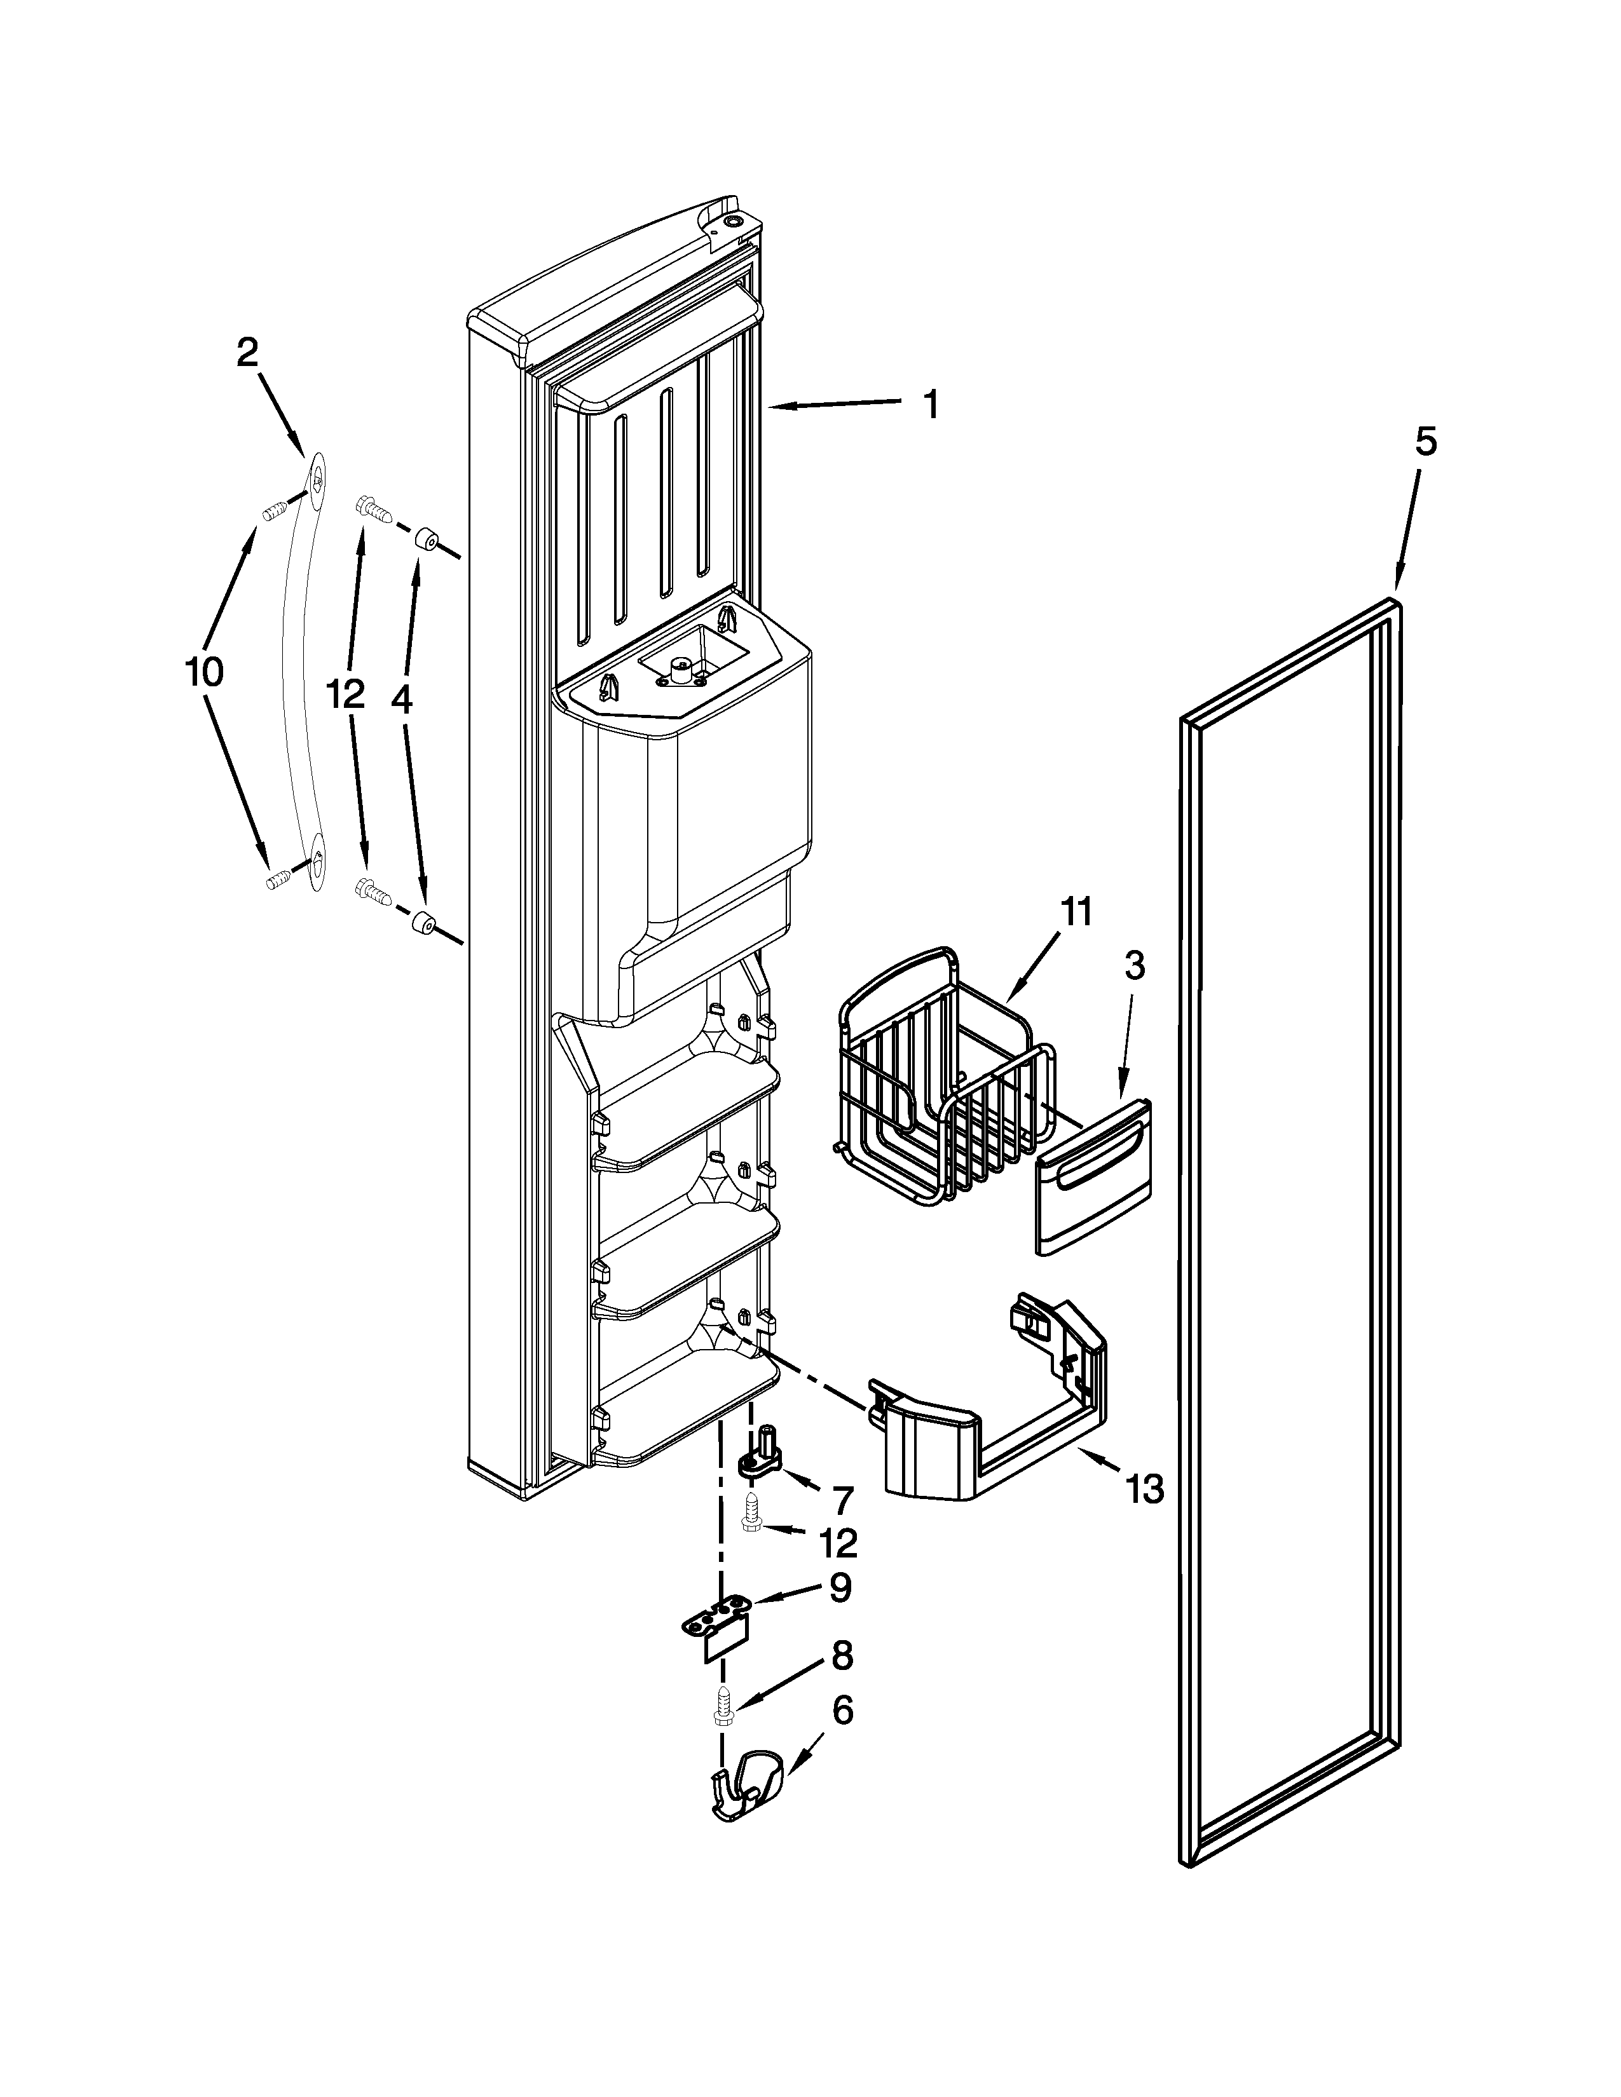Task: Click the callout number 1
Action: (x=929, y=405)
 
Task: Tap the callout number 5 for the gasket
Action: (x=1425, y=443)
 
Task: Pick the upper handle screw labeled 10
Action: (x=275, y=509)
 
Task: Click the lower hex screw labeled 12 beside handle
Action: (x=372, y=890)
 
